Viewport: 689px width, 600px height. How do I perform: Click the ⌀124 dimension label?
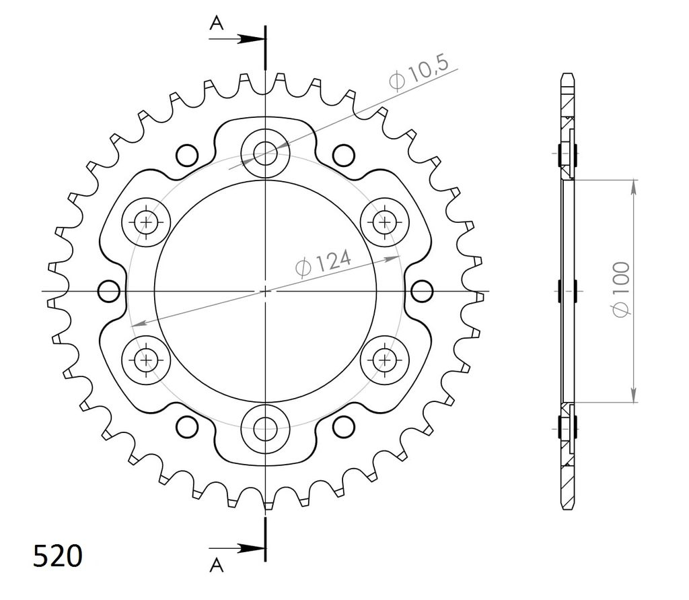[324, 263]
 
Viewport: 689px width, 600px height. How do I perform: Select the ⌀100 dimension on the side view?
[621, 289]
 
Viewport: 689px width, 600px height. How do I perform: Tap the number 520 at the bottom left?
[58, 556]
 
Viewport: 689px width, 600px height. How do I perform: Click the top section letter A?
[216, 22]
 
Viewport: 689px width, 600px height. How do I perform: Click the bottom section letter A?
[216, 565]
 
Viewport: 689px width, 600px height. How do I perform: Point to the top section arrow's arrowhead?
[252, 38]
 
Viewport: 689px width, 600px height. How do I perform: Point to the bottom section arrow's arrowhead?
[252, 548]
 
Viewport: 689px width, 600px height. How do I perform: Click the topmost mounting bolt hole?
[265, 153]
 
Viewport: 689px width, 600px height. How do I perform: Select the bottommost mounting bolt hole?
[265, 429]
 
